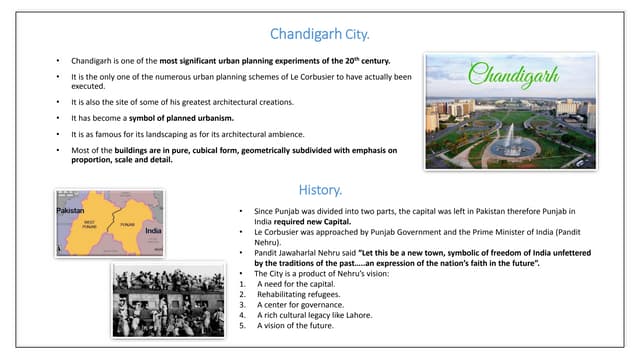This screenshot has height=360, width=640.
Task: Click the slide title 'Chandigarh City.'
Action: (320, 34)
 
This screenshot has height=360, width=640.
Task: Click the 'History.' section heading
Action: (320, 189)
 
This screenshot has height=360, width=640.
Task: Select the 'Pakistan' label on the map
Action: (70, 212)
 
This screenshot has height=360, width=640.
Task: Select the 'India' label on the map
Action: (153, 230)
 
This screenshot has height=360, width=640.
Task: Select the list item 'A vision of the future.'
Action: (295, 325)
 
